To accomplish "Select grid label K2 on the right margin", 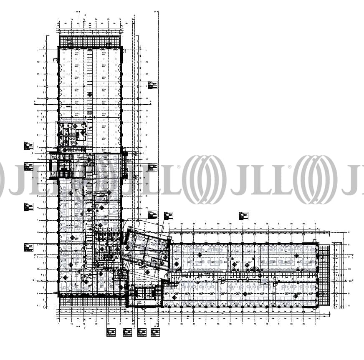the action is tap(147, 62).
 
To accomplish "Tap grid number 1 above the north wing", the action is tap(59, 20).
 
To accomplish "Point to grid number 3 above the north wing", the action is tap(120, 20).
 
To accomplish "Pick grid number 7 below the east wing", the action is tap(242, 323).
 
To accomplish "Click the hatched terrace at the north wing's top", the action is tap(90, 41).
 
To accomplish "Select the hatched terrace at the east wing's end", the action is tap(324, 275).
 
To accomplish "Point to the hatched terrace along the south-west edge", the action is tap(92, 301).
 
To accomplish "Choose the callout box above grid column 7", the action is tap(243, 216).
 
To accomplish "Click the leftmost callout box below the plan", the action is tap(111, 333).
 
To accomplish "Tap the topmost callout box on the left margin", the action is tap(28, 146).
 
